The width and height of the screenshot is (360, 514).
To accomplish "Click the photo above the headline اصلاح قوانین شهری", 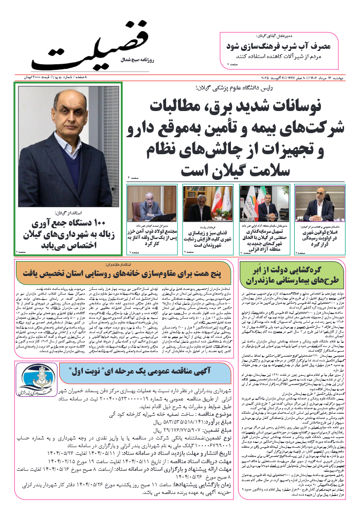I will (x=317, y=203).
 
